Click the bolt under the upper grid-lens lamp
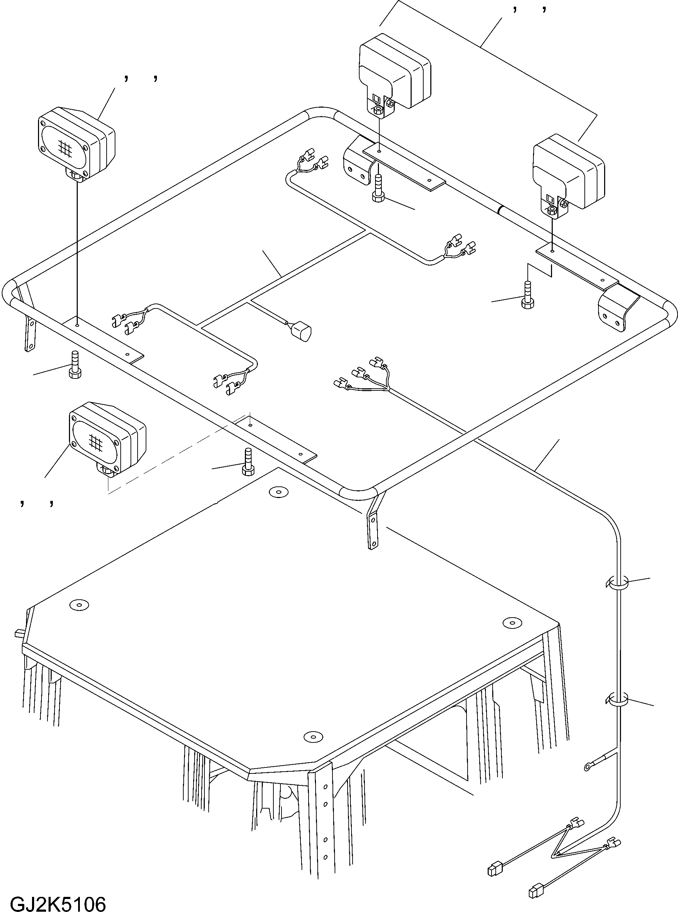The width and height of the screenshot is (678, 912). point(75,365)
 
